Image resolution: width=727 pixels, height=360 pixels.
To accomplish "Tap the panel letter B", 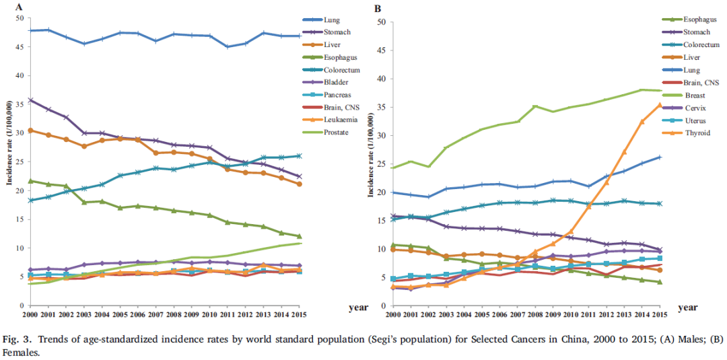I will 378,8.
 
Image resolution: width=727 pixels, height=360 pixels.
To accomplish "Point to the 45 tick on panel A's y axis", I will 20,46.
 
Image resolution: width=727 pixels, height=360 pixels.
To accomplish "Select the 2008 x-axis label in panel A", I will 174,314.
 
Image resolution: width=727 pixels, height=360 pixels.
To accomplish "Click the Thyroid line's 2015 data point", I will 660,104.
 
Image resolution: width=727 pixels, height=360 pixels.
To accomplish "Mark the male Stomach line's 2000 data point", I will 31,100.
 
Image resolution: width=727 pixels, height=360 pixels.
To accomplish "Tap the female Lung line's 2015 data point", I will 660,157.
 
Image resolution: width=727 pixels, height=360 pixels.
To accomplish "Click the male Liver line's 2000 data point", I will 31,131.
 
